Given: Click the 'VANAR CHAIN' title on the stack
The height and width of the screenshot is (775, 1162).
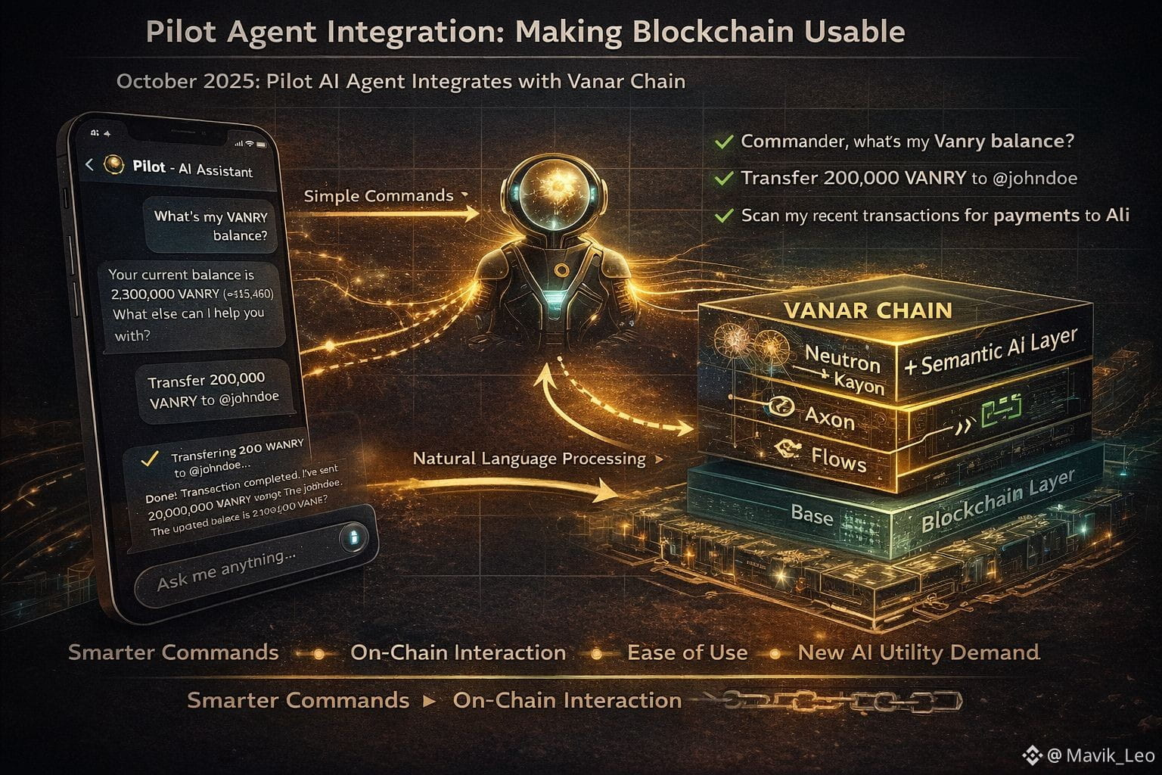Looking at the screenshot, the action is (x=868, y=310).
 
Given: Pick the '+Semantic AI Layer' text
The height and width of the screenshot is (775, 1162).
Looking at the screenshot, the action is (x=990, y=352).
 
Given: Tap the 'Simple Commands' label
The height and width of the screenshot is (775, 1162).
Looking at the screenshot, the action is (x=378, y=196).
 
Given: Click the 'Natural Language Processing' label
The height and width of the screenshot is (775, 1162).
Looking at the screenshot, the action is (x=529, y=459).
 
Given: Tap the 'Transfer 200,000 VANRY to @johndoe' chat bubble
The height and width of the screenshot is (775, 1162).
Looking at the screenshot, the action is (x=213, y=390).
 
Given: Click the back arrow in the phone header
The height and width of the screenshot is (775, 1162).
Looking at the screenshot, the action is (x=89, y=164).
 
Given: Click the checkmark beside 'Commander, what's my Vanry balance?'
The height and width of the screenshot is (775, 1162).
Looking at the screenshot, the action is (x=724, y=142).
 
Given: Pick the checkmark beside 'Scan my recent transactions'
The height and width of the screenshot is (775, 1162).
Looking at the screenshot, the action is (x=724, y=216).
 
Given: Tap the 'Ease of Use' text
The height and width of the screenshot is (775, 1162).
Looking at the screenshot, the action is (x=687, y=652).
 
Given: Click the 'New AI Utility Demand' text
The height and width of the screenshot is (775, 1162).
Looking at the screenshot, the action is (x=918, y=652).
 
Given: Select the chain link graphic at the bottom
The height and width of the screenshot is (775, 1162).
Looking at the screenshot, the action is (x=840, y=701).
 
